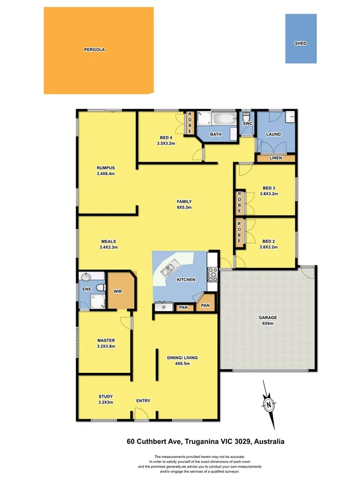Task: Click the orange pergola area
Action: pos(99,50)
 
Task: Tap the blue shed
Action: pos(301,38)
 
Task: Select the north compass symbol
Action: pos(269,404)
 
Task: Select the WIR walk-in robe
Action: pos(118,291)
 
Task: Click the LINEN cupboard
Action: pos(276,158)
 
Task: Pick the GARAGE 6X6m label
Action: pos(268,321)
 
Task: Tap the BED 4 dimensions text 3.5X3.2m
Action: pos(166,143)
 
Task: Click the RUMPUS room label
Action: pos(106,167)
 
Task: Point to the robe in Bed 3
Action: pos(239,203)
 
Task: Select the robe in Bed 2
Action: pos(239,234)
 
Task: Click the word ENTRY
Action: pos(143,401)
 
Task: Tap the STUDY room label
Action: pos(106,396)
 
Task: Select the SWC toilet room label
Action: pos(247,124)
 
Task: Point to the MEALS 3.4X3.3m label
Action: pos(108,244)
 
